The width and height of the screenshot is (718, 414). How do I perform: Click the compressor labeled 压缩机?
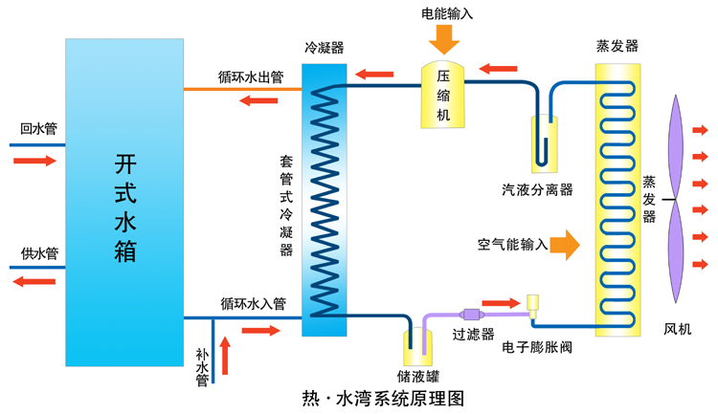443,95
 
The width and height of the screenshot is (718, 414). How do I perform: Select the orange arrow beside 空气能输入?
565,244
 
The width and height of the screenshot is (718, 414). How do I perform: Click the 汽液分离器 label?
537,189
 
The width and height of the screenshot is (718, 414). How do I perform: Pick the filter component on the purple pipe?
471,314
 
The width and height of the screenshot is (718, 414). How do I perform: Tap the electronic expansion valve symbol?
533,305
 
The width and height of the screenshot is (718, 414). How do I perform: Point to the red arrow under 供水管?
34,282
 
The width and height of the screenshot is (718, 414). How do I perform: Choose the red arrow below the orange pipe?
258,102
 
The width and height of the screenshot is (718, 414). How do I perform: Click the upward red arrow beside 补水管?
227,356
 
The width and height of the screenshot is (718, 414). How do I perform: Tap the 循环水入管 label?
253,304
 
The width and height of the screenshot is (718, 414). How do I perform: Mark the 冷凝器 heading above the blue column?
324,47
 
